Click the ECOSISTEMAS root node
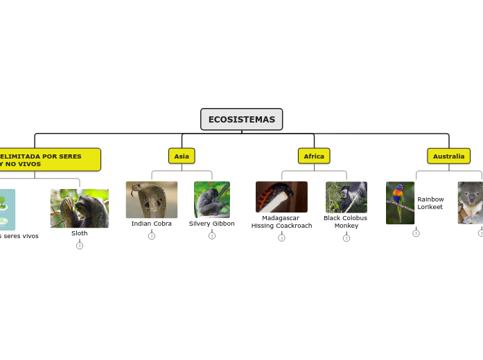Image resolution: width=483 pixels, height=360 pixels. click(x=241, y=119)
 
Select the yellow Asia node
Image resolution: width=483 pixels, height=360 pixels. click(x=182, y=156)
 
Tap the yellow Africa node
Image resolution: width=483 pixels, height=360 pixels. click(x=314, y=156)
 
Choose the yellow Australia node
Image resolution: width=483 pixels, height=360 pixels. click(x=448, y=156)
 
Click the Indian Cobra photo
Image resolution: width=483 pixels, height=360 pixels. click(x=152, y=199)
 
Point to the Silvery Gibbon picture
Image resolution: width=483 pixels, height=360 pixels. click(x=212, y=199)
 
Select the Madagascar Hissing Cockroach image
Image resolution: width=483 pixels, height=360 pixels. click(x=281, y=197)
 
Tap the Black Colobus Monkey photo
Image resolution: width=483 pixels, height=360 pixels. click(x=346, y=197)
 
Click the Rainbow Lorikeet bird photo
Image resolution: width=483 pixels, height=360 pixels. click(x=400, y=203)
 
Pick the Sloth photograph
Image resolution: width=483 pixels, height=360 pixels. click(x=80, y=208)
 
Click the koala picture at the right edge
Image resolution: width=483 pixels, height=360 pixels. click(x=471, y=203)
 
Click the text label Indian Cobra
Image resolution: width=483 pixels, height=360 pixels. click(x=152, y=224)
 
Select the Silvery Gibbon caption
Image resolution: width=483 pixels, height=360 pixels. click(x=212, y=224)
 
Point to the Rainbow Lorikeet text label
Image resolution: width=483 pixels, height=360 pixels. click(x=430, y=203)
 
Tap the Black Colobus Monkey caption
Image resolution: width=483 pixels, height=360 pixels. click(x=346, y=222)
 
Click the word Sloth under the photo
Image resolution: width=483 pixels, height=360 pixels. click(x=80, y=233)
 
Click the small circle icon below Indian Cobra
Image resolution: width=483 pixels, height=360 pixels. click(x=152, y=236)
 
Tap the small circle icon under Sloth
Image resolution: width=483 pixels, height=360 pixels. click(x=80, y=246)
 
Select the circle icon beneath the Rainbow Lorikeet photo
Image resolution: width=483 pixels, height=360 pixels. click(x=416, y=233)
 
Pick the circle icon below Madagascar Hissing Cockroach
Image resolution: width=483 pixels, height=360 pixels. click(x=281, y=237)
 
